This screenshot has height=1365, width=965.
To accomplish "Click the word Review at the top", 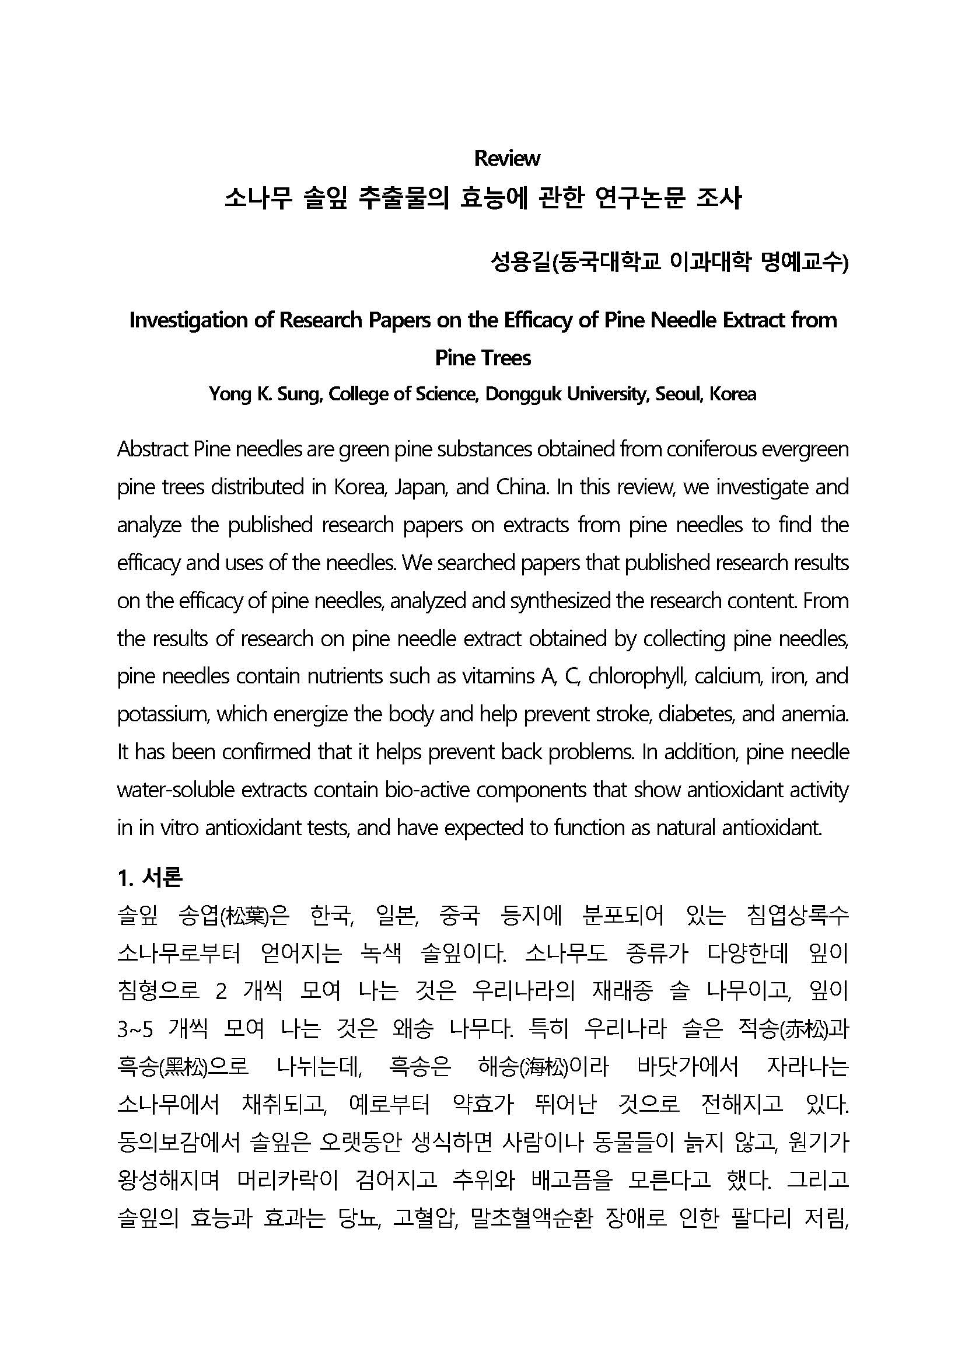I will pyautogui.click(x=507, y=158).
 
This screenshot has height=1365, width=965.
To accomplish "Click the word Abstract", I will pyautogui.click(x=153, y=449).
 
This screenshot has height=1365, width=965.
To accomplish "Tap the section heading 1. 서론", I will pyautogui.click(x=150, y=878).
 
